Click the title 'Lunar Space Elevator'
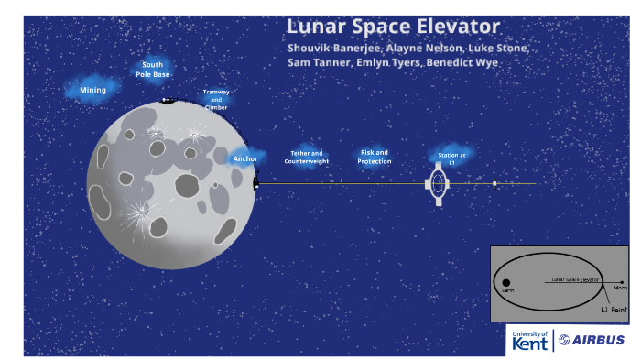[393, 27]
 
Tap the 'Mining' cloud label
[92, 90]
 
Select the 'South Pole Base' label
[152, 69]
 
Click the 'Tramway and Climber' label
[216, 100]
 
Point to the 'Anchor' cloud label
[244, 158]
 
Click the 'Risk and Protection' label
[375, 157]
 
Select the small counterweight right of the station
[494, 184]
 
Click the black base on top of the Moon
[168, 101]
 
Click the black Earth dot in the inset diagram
[506, 283]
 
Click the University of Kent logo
[530, 340]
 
